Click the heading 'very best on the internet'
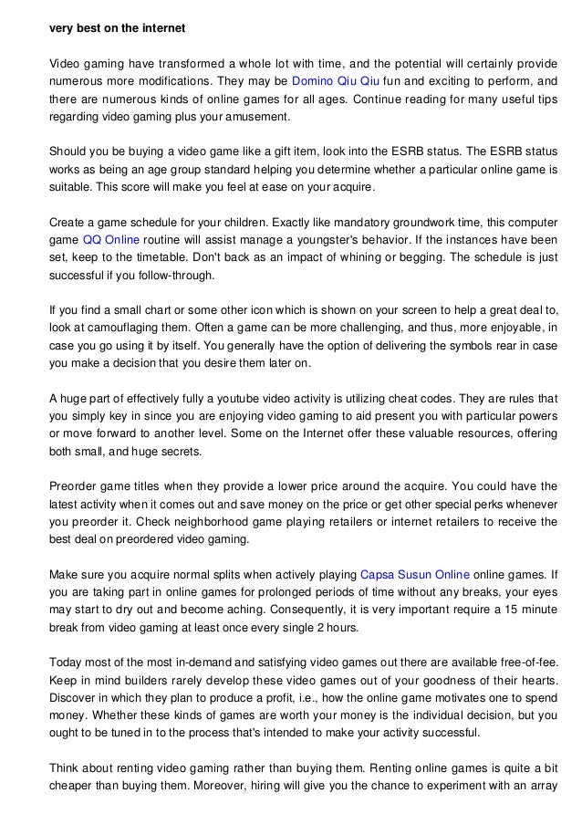[117, 28]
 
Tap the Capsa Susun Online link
[415, 575]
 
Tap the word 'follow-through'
[176, 276]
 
